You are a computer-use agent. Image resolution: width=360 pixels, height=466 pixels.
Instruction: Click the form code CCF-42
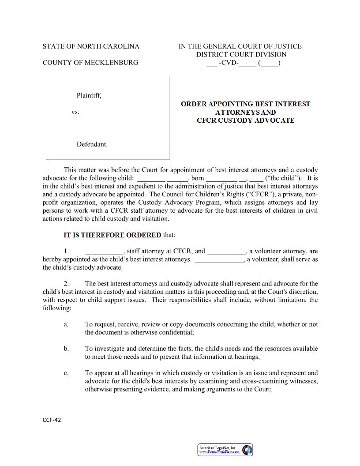(x=52, y=420)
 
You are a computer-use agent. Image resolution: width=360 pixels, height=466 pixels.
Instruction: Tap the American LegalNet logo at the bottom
(x=225, y=450)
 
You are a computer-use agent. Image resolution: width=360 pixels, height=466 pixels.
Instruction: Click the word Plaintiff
(x=89, y=95)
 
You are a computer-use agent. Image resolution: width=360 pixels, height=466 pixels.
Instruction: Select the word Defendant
(x=92, y=144)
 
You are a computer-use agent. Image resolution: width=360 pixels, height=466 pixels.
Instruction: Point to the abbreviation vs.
(x=75, y=112)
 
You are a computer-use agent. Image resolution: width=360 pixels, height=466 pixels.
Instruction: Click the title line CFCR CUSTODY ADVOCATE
(x=245, y=120)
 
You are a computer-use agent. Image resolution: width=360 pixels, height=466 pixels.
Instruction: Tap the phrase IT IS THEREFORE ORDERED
(x=112, y=235)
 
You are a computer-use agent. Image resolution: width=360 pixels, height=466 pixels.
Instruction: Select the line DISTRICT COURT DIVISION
(x=241, y=55)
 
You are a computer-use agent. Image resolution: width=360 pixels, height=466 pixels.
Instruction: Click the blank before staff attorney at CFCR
(x=104, y=252)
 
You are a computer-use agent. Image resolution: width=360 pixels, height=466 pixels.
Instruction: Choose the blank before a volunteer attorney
(x=226, y=252)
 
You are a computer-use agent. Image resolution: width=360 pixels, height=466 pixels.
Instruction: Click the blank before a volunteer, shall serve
(x=219, y=259)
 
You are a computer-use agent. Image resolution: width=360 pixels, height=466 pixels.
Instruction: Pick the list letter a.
(x=66, y=324)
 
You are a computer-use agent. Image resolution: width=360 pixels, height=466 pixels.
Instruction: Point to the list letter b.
(x=66, y=349)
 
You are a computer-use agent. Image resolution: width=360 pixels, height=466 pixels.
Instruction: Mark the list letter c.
(x=66, y=373)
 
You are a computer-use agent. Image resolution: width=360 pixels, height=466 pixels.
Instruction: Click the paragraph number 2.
(x=66, y=284)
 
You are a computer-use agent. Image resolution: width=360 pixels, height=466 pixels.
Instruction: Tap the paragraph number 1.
(x=66, y=252)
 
